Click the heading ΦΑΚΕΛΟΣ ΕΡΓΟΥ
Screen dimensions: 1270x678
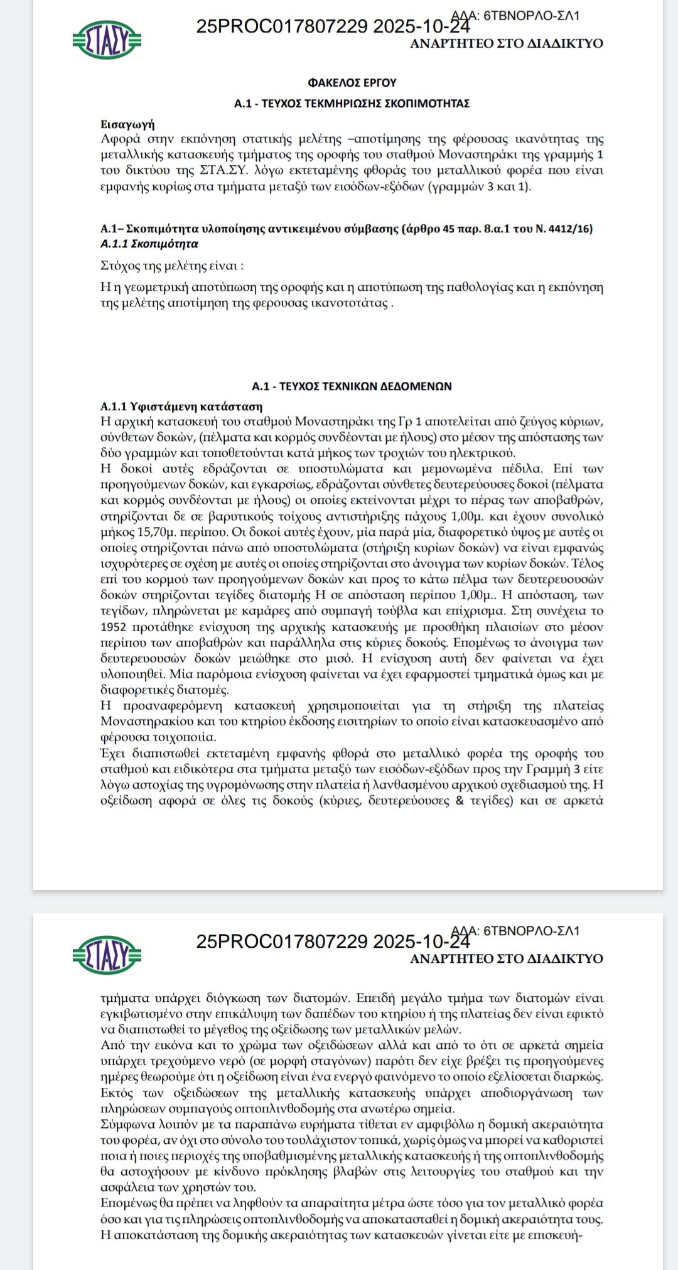(352, 82)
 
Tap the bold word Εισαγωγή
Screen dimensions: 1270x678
(127, 124)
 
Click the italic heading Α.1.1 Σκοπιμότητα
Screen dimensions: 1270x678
(149, 244)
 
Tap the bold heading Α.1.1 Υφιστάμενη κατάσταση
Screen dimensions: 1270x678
(181, 406)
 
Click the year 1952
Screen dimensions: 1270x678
(114, 627)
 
